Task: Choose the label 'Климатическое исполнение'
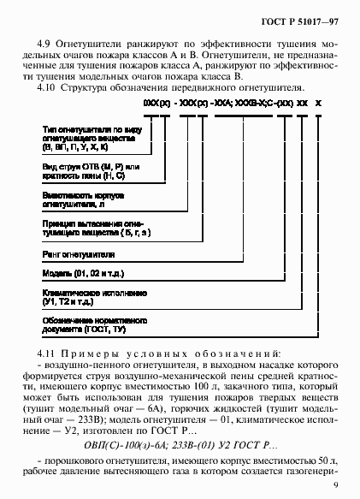click(91, 291)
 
